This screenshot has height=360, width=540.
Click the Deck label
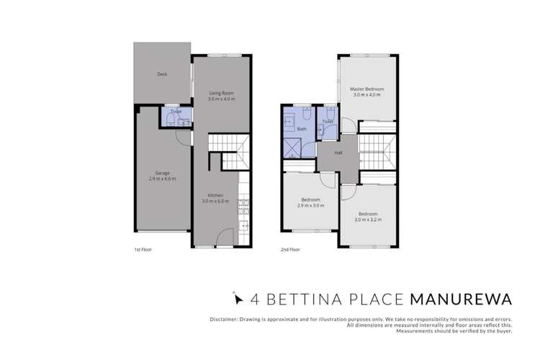pyautogui.click(x=162, y=74)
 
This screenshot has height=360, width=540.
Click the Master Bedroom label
pyautogui.click(x=367, y=89)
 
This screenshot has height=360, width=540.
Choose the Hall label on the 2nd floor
pyautogui.click(x=338, y=153)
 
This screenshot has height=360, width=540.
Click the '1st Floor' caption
pyautogui.click(x=143, y=250)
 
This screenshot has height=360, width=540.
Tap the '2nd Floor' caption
pyautogui.click(x=289, y=250)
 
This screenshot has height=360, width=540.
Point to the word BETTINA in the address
pyautogui.click(x=295, y=297)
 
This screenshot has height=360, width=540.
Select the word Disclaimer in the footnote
pyautogui.click(x=216, y=318)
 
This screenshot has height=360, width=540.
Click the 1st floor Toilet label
pyautogui.click(x=176, y=112)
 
